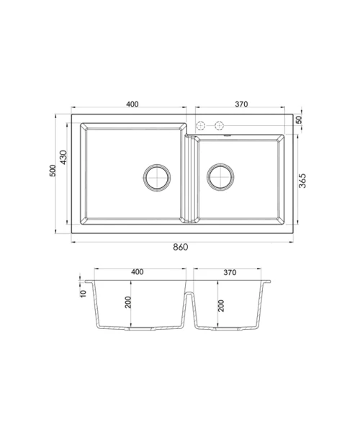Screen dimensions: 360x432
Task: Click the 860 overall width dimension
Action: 181,247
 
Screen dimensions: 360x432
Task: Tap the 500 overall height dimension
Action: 53,171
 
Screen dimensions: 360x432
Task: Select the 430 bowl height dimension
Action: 63,157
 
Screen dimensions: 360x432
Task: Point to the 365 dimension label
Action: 302,181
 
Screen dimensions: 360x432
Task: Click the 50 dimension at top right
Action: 299,120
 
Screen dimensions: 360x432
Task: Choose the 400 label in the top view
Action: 132,104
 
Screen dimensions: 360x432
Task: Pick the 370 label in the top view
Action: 241,104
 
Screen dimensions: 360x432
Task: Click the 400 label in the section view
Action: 138,272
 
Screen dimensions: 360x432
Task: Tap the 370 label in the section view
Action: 230,272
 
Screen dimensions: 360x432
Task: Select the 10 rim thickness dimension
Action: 83,294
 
